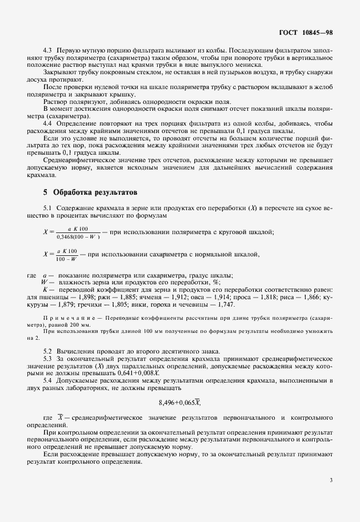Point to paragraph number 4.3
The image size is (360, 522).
49,51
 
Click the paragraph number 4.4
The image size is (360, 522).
49,123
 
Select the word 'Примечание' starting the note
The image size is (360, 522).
62,317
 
